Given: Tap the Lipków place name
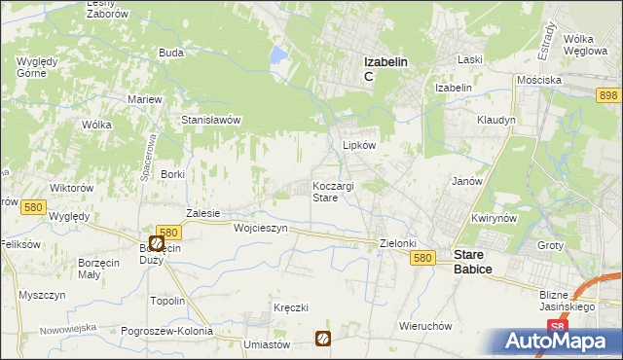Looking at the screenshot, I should pos(359,144).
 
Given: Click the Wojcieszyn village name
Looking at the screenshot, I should pos(261,228).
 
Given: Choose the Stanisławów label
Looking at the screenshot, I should pos(211,120).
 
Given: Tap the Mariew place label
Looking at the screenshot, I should pos(145,99).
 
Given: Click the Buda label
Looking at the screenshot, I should pos(171,53).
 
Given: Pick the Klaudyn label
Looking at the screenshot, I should pos(495,120).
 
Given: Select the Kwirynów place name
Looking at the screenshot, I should pos(492,218).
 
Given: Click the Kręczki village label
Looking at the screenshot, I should pos(290,307).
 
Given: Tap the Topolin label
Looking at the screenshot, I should pos(167,301).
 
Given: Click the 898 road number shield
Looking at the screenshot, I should pos(609,94).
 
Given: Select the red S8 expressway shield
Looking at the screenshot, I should pos(556,327).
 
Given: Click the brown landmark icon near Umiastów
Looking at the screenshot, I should pos(322,339).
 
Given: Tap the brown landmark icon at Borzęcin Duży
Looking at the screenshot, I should pos(157,243).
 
